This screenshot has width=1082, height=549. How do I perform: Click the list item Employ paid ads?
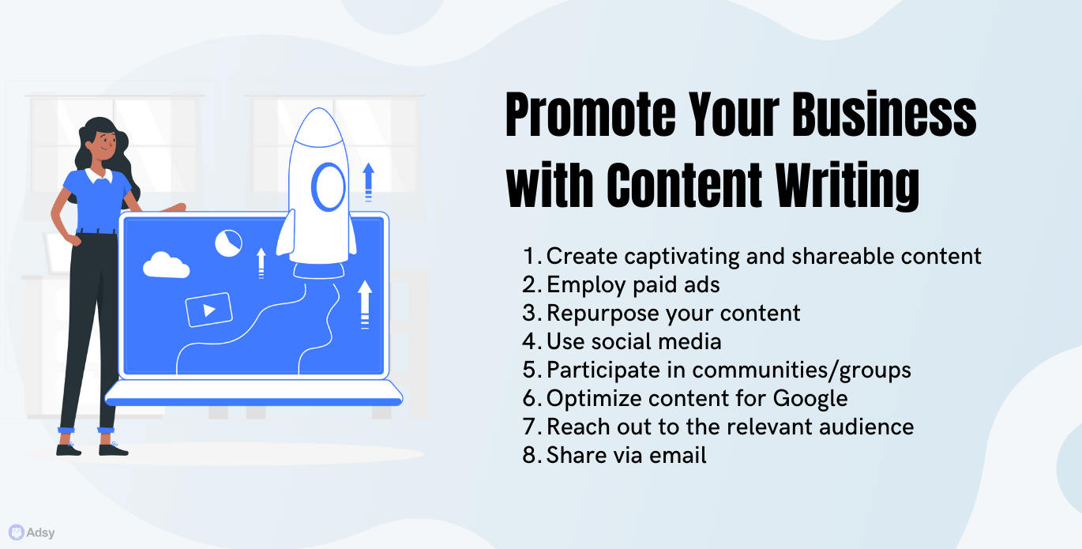[633, 284]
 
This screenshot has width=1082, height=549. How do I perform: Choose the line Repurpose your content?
[674, 313]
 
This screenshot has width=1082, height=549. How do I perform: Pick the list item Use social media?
[633, 342]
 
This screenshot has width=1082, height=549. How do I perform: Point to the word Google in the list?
[810, 399]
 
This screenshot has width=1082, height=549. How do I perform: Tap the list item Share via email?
[626, 455]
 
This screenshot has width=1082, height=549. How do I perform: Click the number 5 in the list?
[530, 370]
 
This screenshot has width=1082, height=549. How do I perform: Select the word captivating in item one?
[682, 257]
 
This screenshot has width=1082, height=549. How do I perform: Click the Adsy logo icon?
[17, 532]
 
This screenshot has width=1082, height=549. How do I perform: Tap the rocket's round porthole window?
[329, 186]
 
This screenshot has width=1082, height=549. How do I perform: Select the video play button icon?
[209, 310]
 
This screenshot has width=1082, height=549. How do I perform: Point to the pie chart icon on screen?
[228, 243]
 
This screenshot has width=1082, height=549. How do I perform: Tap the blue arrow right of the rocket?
[369, 182]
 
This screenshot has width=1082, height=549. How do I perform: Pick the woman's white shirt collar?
[99, 176]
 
